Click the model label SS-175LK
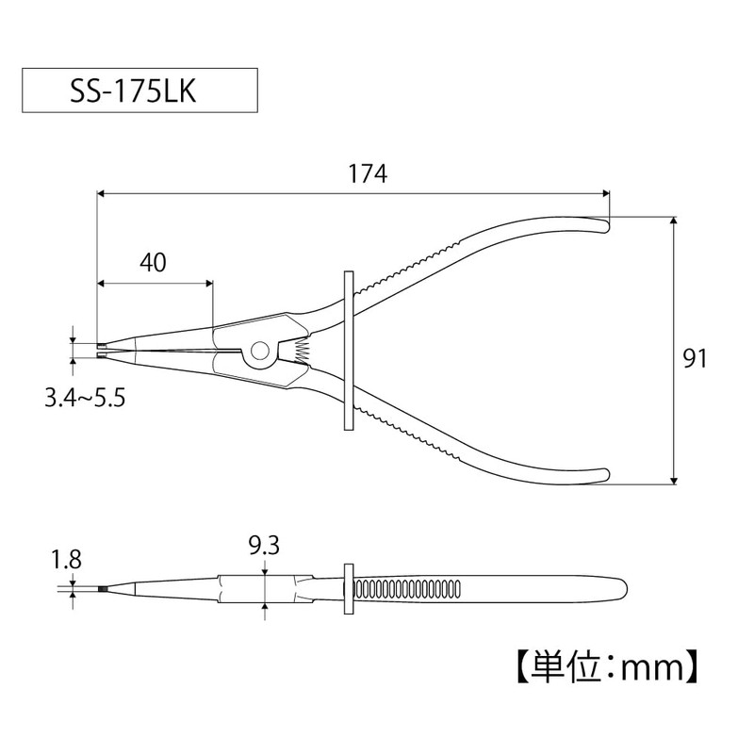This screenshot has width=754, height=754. point(133,90)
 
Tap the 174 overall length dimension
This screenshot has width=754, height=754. point(368,174)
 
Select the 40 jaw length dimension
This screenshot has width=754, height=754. point(154,263)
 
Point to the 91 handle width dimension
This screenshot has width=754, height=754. point(695,359)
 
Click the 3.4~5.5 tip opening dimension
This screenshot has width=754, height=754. point(85,398)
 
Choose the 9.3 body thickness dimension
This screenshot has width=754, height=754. point(264,546)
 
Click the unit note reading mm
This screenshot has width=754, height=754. point(652,667)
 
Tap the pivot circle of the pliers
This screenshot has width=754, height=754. point(260,351)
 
